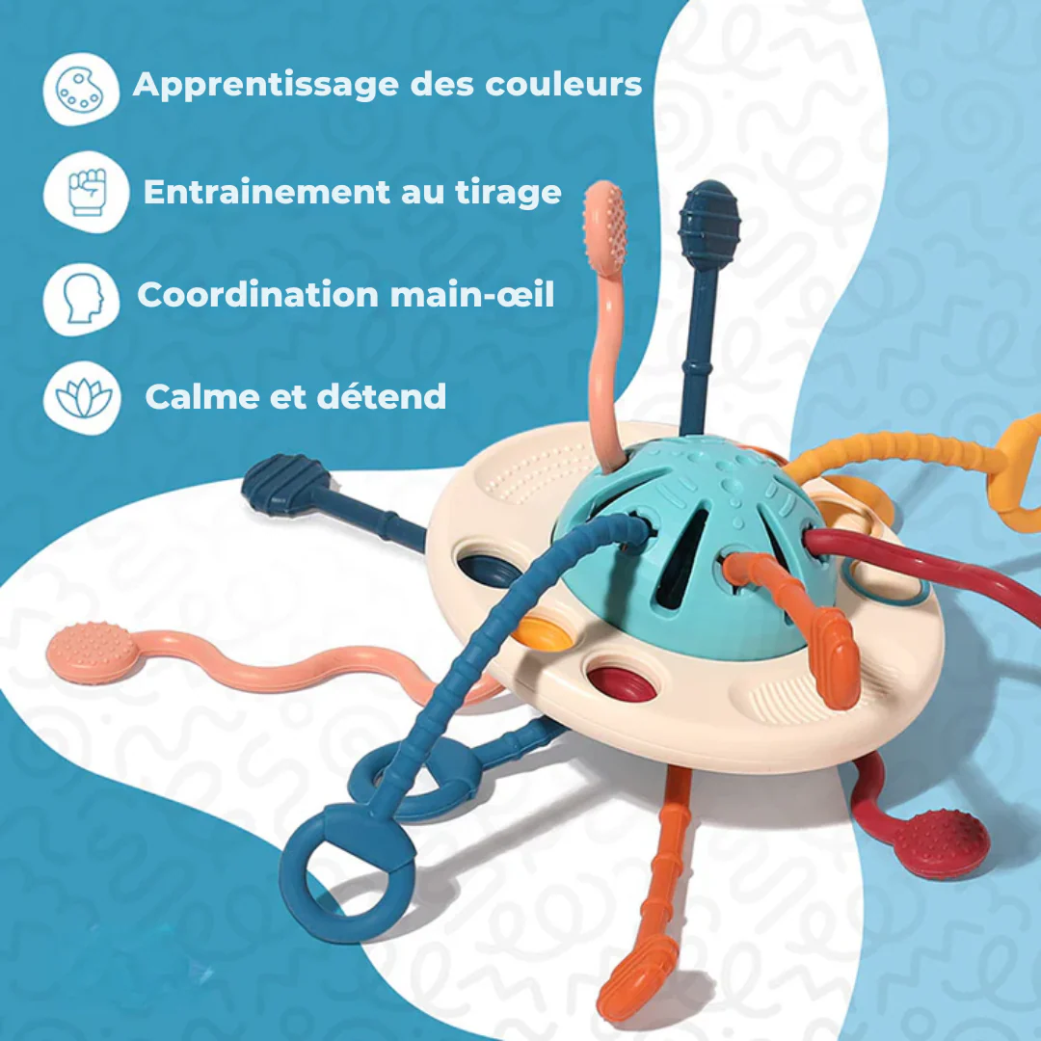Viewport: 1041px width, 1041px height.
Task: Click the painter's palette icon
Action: [x=80, y=90]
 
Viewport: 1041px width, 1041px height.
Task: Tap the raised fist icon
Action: [x=87, y=192]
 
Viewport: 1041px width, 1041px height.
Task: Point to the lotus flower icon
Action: [x=83, y=398]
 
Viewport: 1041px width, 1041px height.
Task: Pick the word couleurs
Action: [x=564, y=84]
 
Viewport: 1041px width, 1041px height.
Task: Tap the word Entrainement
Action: [x=267, y=192]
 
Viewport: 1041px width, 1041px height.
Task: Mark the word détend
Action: [x=381, y=396]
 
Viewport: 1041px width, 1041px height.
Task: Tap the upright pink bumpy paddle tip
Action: [x=604, y=226]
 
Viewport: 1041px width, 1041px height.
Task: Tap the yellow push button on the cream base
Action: [x=543, y=630]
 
